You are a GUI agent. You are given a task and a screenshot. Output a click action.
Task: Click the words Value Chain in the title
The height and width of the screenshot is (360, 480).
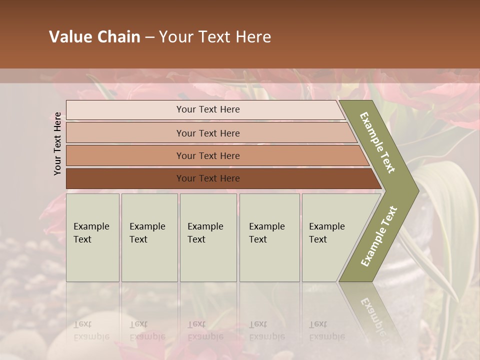[94, 37]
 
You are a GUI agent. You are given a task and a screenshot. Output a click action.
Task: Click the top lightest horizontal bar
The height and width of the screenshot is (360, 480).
[125, 110]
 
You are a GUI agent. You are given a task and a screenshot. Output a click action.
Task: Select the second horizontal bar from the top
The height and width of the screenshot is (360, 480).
[125, 133]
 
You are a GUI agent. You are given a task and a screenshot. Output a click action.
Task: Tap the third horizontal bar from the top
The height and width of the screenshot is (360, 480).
[125, 155]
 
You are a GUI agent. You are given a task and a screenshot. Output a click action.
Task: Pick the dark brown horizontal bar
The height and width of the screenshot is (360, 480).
[125, 178]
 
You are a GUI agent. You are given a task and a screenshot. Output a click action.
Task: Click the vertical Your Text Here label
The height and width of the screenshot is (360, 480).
[57, 143]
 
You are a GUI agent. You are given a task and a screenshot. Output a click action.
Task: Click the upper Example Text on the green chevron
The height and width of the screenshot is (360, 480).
[378, 142]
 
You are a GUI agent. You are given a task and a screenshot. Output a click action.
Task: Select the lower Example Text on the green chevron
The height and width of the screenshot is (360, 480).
[379, 236]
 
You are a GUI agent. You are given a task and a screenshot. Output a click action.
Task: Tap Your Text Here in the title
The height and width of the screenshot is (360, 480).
[215, 37]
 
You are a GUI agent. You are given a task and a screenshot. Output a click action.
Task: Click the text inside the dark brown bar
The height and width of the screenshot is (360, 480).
[208, 178]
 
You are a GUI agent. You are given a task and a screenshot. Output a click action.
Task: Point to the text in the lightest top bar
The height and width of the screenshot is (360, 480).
[208, 109]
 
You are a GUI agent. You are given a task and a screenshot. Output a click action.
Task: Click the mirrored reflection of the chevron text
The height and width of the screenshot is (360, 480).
[373, 315]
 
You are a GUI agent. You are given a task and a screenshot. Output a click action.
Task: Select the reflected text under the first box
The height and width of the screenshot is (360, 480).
[91, 330]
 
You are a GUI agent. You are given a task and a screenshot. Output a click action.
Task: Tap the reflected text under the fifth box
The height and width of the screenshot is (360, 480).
[326, 330]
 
